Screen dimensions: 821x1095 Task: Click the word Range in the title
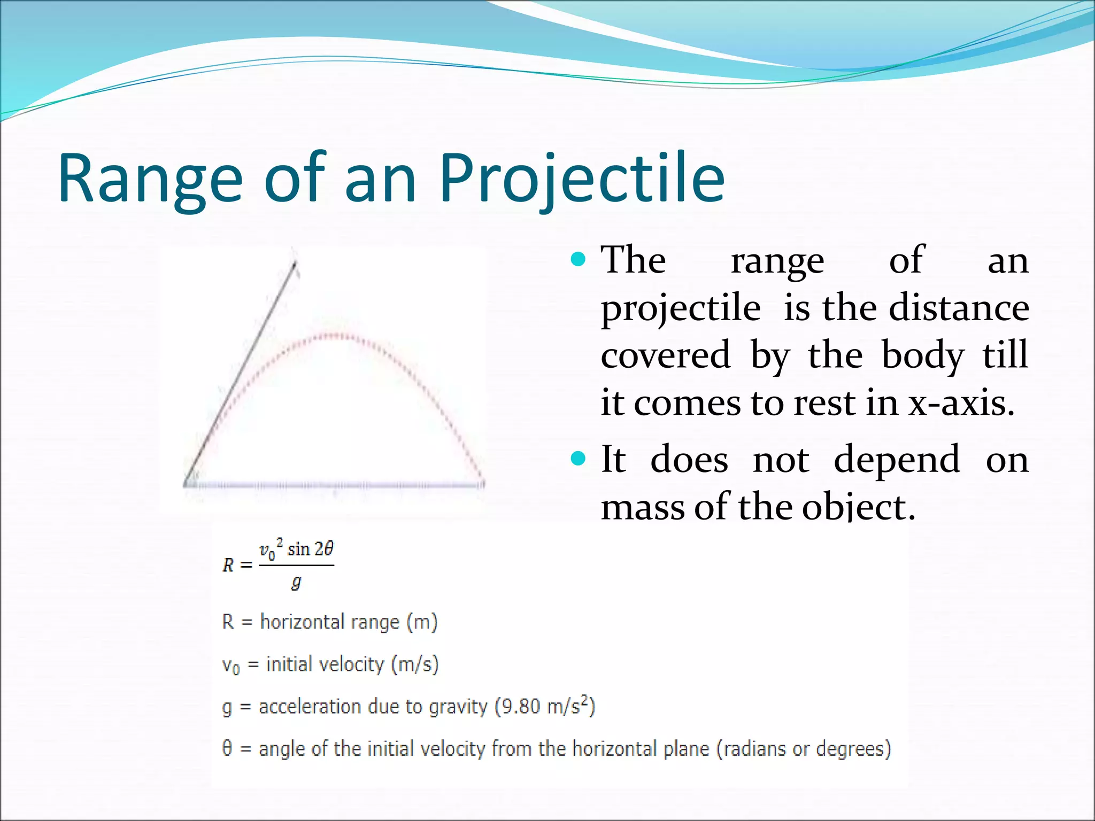click(x=150, y=179)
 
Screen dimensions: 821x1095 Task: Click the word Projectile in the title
click(x=582, y=179)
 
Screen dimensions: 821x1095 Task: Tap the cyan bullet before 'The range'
click(x=578, y=260)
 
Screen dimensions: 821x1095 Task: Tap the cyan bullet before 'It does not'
click(x=578, y=459)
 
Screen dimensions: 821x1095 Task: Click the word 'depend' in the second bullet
click(x=897, y=460)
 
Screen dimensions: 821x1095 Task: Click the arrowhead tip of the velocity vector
click(x=295, y=262)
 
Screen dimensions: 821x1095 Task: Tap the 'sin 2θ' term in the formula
click(x=310, y=549)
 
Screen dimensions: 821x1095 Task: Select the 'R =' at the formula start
click(x=237, y=565)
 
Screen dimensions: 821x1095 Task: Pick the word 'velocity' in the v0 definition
click(x=351, y=664)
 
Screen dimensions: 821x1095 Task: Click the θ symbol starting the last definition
click(x=227, y=748)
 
